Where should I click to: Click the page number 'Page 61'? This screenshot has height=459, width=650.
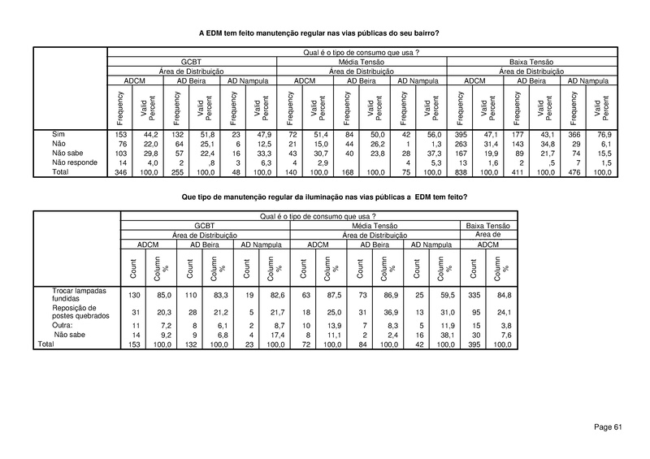coord(608,427)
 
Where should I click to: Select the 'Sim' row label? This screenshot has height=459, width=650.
coord(58,132)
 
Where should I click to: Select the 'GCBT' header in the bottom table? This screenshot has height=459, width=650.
coord(204,225)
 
